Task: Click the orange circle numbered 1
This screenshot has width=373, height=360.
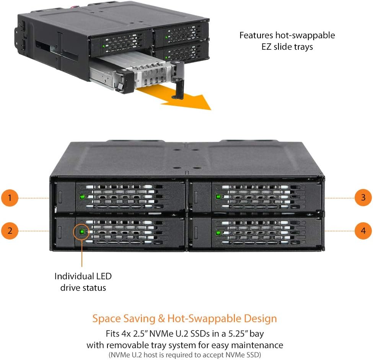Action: click(x=10, y=198)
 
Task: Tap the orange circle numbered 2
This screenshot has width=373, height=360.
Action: click(x=10, y=231)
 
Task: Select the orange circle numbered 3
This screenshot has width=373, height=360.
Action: click(x=363, y=198)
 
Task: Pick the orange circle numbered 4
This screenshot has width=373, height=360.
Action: click(x=363, y=231)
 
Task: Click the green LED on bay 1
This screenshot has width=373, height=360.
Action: click(x=82, y=198)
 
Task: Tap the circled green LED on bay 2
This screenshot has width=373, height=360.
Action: click(x=82, y=231)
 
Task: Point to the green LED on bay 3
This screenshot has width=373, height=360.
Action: click(x=218, y=197)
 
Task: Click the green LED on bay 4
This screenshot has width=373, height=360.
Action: click(x=218, y=233)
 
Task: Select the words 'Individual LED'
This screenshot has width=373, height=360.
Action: click(x=83, y=276)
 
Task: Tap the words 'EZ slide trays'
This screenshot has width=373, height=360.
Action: click(x=287, y=47)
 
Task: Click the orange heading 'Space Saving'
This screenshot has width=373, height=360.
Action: click(x=120, y=318)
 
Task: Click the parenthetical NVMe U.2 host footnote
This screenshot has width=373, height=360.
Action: click(x=184, y=355)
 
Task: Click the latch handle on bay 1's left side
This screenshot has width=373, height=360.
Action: click(x=60, y=197)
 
